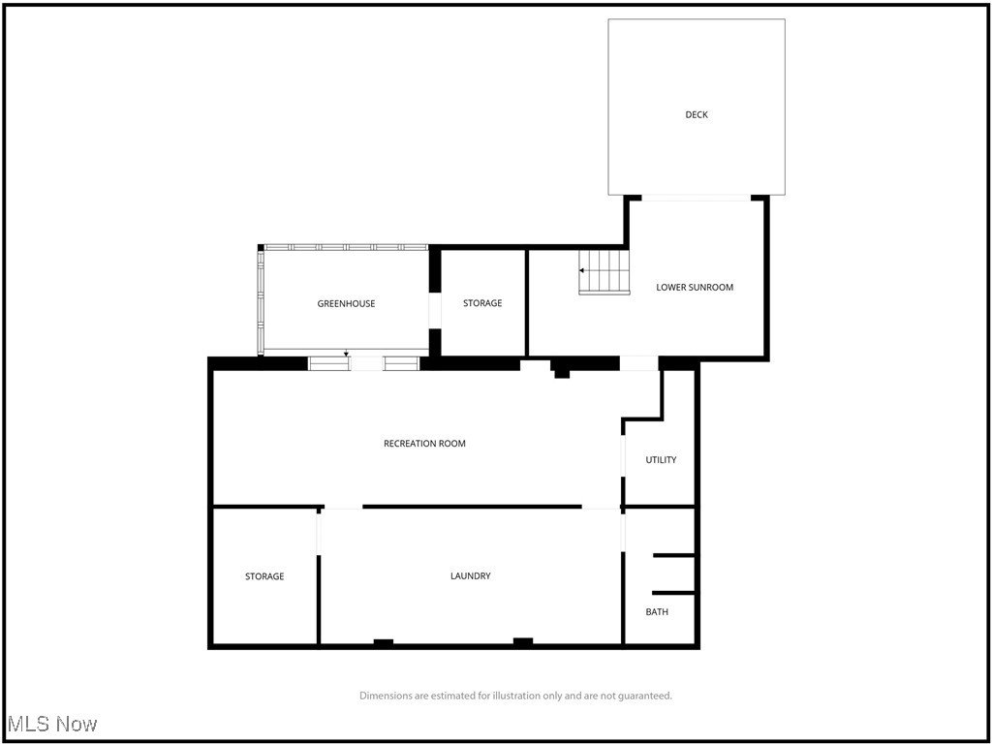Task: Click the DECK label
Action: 697,114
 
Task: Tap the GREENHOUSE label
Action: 346,303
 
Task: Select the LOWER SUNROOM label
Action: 695,287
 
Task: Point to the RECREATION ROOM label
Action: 424,444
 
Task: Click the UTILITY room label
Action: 661,460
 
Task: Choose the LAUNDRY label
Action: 471,575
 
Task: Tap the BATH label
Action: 657,611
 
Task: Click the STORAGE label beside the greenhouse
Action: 482,303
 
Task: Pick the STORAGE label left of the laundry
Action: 264,576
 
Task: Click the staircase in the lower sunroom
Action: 605,271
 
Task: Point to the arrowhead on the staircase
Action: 581,270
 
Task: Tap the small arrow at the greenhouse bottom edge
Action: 346,354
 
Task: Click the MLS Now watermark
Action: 52,724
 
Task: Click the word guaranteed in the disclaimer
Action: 647,696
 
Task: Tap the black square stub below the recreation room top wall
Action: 562,372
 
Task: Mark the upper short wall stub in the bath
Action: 674,555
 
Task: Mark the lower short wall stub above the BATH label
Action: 674,592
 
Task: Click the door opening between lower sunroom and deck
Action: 697,198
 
